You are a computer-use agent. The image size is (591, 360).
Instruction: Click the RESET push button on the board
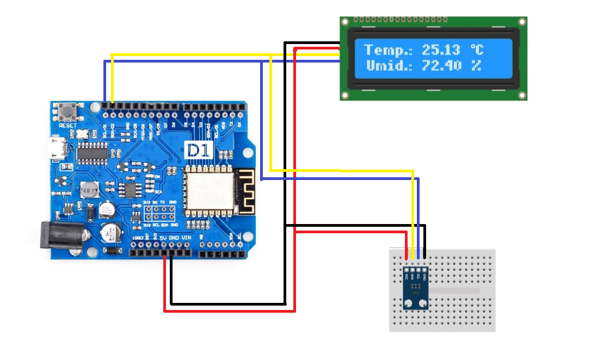(69, 113)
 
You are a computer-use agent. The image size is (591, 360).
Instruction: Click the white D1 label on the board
(199, 150)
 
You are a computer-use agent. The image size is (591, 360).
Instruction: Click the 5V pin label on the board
(163, 238)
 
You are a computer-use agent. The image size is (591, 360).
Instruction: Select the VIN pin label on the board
(186, 238)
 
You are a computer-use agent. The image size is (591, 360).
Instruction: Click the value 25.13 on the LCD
(441, 51)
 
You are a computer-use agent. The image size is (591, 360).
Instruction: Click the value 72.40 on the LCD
(441, 66)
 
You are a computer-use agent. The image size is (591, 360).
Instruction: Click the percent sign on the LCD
(476, 66)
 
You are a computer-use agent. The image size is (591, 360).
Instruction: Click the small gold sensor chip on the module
(415, 293)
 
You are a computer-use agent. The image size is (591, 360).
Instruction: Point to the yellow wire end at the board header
(112, 102)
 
